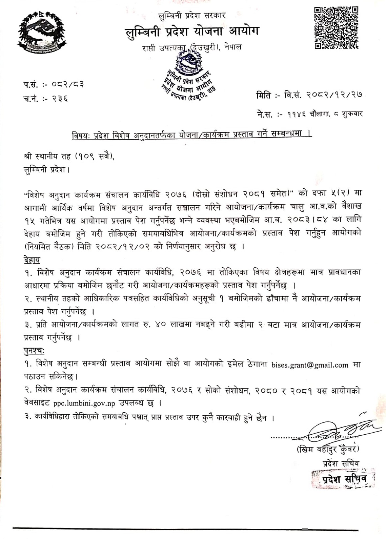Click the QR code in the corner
(x=336, y=28)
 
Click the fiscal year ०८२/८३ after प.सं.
(x=68, y=84)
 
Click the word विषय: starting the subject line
(x=80, y=136)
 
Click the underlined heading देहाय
(x=32, y=260)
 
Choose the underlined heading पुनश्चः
(x=34, y=351)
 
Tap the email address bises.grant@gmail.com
(x=310, y=365)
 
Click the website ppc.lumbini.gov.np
(x=84, y=403)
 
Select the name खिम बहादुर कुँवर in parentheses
(x=327, y=450)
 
